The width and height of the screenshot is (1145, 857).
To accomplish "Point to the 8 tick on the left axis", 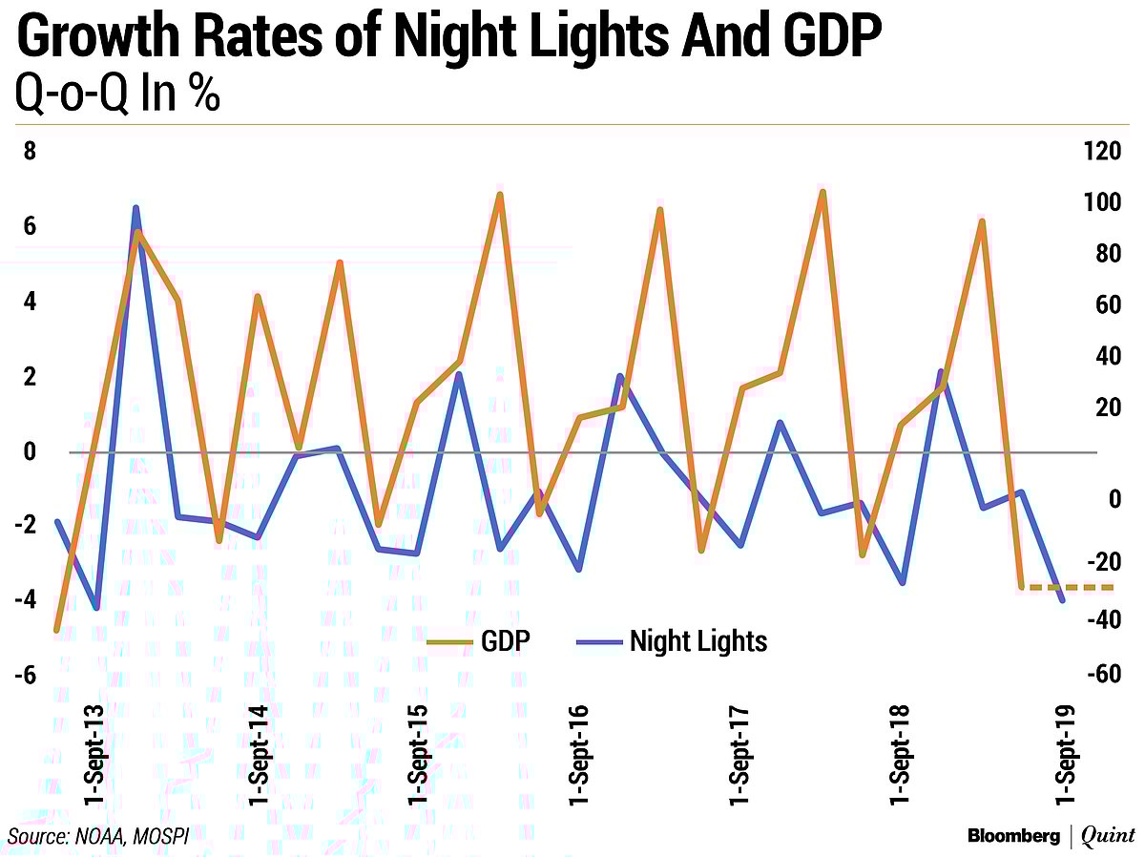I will coord(30,152).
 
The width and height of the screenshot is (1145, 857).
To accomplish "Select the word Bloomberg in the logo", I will coord(1013,836).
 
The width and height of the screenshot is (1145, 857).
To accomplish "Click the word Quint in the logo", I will coord(1108,836).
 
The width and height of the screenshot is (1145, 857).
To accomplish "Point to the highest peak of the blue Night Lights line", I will coord(136,208).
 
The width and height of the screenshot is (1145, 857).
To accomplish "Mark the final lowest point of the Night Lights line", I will coord(1062,599).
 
